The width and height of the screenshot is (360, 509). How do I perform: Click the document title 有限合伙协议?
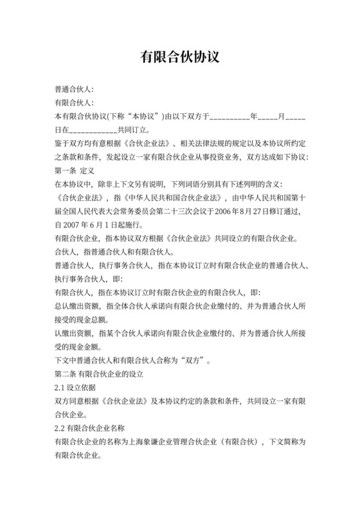180,57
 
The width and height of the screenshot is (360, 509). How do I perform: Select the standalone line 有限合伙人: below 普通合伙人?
75,103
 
